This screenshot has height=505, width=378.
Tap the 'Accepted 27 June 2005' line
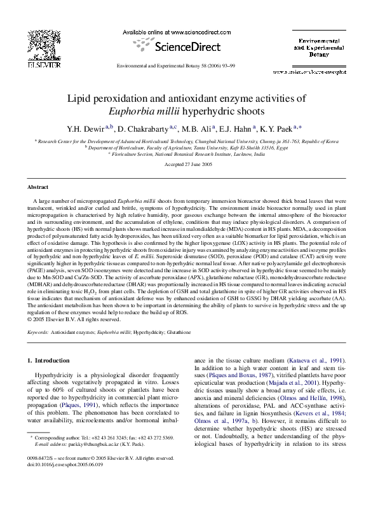tap(189, 164)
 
